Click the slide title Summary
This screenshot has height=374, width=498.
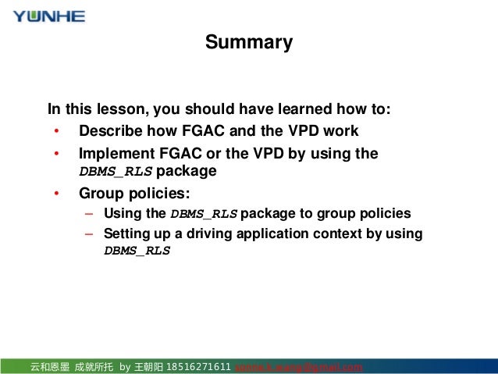(249, 42)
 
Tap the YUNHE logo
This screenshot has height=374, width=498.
(49, 16)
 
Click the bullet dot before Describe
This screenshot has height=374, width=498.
(55, 130)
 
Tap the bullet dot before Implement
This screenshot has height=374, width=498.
(55, 153)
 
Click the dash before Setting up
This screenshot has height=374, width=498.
(89, 233)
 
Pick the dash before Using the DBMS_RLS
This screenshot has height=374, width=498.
(89, 213)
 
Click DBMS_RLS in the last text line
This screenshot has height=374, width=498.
(137, 251)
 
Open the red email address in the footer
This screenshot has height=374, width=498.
(299, 367)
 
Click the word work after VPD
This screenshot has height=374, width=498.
(340, 130)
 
